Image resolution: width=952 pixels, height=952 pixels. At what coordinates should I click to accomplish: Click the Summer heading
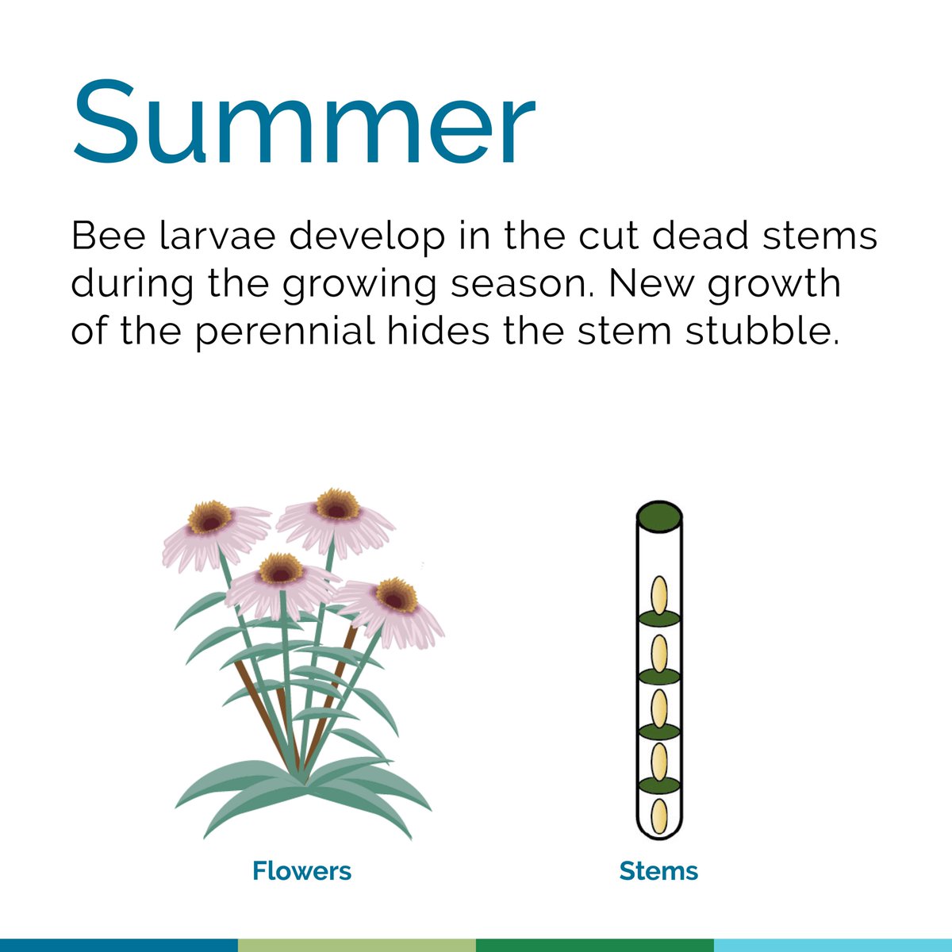304,124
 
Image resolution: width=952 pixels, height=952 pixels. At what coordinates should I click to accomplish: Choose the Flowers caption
301,870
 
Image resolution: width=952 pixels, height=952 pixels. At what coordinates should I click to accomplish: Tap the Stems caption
658,870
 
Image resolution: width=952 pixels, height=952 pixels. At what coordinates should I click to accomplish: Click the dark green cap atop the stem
659,517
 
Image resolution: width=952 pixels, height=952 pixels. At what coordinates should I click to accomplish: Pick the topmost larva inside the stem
659,595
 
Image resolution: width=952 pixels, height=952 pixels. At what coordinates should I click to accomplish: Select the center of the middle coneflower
281,569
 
